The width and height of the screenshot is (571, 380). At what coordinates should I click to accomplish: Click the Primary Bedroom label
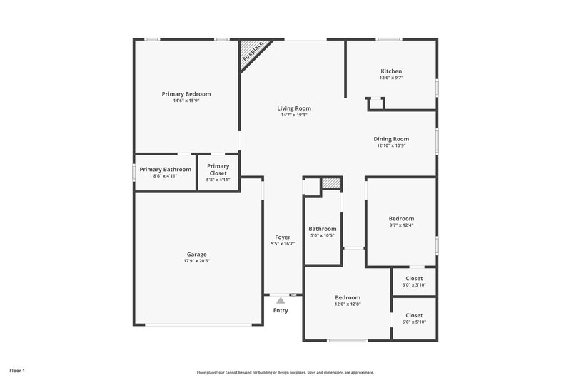(x=186, y=94)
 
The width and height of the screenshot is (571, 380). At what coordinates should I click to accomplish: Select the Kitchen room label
(x=391, y=71)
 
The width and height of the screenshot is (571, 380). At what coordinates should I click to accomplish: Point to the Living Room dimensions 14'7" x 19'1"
(x=294, y=115)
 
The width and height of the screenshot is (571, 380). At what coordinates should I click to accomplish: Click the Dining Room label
(x=391, y=139)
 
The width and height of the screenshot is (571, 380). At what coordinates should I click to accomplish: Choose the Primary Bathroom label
(x=165, y=170)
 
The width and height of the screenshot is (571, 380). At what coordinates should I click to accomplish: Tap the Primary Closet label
(x=218, y=170)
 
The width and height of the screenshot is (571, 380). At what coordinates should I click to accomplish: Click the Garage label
(x=197, y=255)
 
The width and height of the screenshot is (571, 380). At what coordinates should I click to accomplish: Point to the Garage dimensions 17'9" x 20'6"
(x=197, y=261)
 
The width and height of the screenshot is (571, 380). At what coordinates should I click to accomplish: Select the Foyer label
(x=283, y=237)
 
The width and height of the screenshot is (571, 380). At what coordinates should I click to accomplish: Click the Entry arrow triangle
(x=281, y=301)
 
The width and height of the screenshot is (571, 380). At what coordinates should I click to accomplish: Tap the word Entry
(x=281, y=310)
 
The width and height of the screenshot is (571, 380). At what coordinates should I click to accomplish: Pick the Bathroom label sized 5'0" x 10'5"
(x=323, y=229)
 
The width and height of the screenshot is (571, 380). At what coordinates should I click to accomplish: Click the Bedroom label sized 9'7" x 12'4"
(x=401, y=219)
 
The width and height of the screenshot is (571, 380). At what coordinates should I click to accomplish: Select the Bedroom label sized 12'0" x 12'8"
(x=348, y=297)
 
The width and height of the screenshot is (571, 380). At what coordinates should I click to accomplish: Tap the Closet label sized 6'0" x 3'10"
(x=414, y=279)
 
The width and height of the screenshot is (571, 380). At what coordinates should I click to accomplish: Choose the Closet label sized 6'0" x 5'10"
(x=414, y=315)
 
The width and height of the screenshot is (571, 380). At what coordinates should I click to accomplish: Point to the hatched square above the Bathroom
(x=330, y=183)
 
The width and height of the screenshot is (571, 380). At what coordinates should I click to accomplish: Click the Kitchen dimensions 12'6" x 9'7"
(x=391, y=78)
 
